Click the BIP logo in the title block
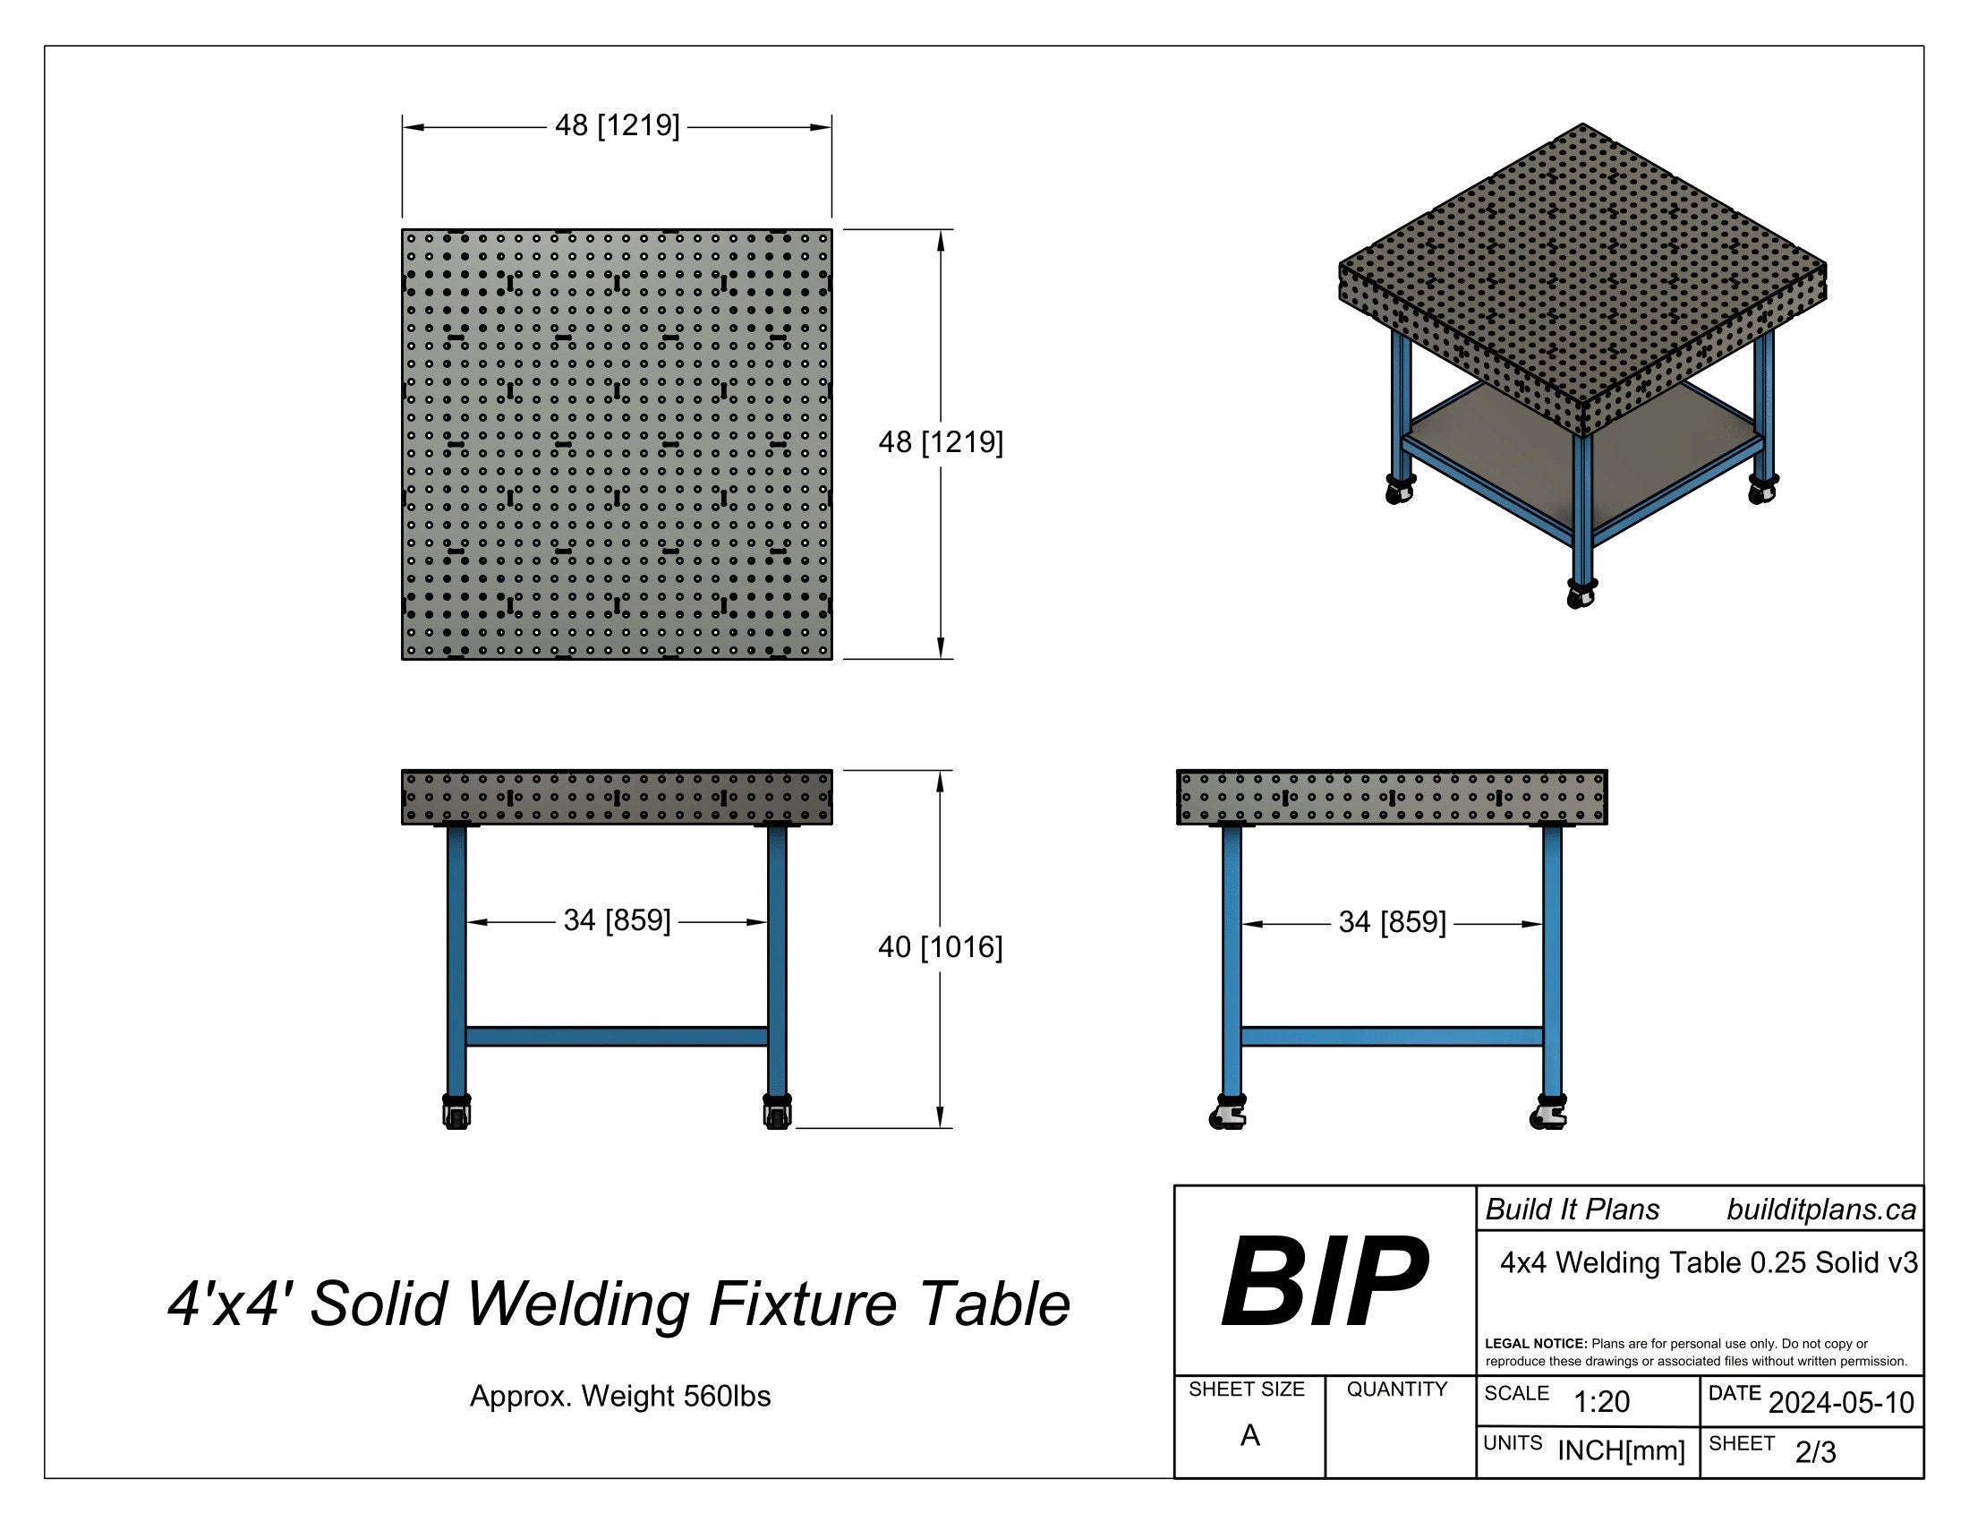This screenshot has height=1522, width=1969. pos(1324,1281)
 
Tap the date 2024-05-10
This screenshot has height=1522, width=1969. pos(1841,1403)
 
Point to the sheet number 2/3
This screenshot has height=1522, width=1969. pos(1815,1452)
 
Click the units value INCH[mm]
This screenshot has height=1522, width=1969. pos(1620,1450)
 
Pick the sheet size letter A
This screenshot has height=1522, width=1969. pos(1249,1435)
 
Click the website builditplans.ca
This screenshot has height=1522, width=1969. pos(1820,1210)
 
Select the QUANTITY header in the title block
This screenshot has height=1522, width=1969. pos(1396,1389)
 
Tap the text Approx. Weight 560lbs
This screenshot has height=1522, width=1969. pos(620,1397)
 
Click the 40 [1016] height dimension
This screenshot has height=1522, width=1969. pos(941,947)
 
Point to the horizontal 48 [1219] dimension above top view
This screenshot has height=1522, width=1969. pos(618,125)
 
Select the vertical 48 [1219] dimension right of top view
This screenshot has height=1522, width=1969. pos(941,442)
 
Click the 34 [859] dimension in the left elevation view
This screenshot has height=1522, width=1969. pos(618,920)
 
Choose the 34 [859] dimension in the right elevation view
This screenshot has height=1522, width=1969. pos(1392,922)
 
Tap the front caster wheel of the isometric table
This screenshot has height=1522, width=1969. pos(1581,594)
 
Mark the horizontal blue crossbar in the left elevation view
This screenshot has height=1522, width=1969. pos(617,1036)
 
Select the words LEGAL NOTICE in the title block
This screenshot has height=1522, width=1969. pos(1535,1344)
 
